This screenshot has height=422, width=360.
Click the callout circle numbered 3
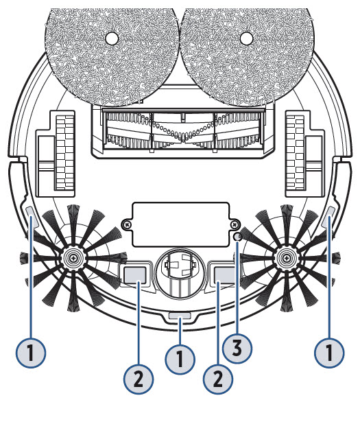click(x=237, y=349)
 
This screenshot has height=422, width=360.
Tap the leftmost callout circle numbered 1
click(x=31, y=353)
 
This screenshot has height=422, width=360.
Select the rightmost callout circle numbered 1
click(x=330, y=353)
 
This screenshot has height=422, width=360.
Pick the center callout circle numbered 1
click(x=180, y=360)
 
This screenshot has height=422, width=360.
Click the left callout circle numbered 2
click(x=139, y=379)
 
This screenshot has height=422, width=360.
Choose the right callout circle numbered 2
click(x=218, y=379)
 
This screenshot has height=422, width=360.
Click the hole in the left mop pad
click(x=112, y=38)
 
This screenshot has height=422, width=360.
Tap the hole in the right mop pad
click(x=247, y=38)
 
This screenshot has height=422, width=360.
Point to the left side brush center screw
click(x=73, y=259)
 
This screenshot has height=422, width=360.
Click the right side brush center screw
click(x=287, y=259)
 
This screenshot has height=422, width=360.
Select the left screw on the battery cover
click(x=125, y=224)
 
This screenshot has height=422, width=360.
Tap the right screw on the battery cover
click(x=235, y=224)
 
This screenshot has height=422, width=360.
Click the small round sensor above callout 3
click(x=238, y=237)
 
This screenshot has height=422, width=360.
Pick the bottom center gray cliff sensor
click(x=180, y=316)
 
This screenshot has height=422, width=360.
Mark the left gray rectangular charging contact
click(x=134, y=274)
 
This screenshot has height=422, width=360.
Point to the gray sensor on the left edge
click(x=30, y=212)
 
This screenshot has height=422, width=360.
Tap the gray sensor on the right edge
click(x=331, y=212)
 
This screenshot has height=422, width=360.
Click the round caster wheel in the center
click(x=180, y=272)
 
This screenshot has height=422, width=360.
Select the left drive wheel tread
click(x=64, y=153)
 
